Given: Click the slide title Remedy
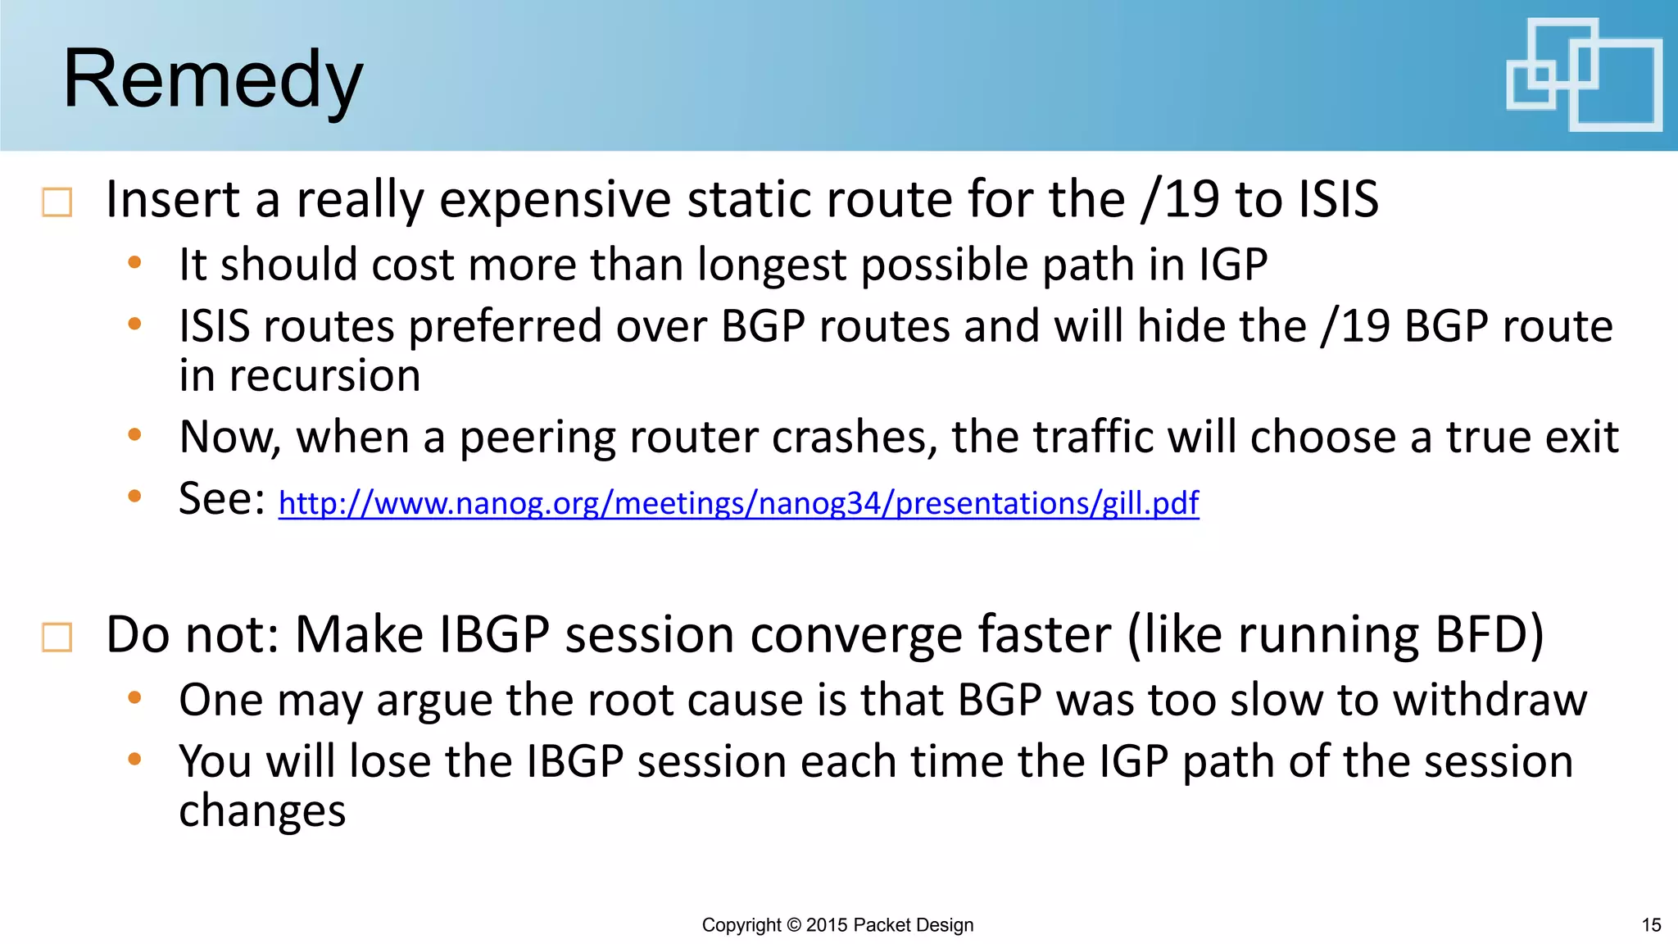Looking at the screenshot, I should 212,79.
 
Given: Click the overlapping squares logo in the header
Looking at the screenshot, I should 1583,75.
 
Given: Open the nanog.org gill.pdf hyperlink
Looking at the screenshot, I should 738,502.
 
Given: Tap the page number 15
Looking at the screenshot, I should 1651,925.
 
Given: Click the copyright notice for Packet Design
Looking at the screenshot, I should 837,925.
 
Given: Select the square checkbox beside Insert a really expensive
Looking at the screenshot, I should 57,202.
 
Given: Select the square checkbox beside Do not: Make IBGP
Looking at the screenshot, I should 57,637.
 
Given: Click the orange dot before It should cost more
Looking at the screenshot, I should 135,263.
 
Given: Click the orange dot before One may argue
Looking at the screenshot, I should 135,698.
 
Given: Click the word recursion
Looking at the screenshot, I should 324,376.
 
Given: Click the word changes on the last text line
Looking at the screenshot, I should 262,812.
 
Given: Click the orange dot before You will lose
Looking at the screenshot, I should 135,760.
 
